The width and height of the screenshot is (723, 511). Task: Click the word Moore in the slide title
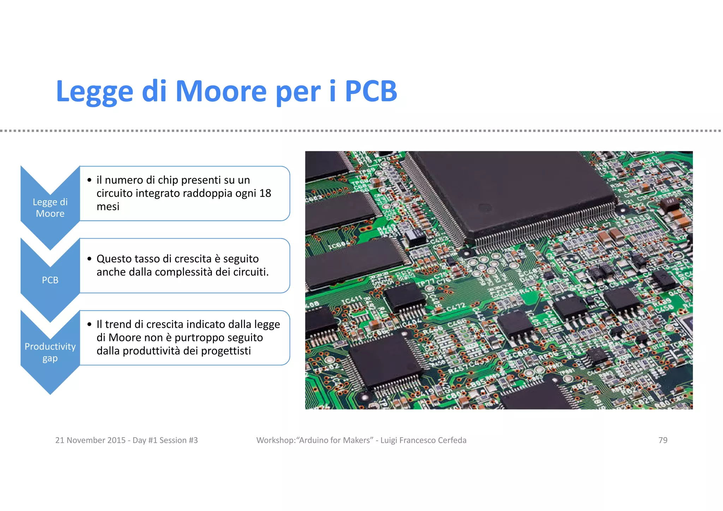click(221, 91)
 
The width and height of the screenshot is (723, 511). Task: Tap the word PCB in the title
click(371, 91)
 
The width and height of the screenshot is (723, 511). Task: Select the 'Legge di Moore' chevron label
click(50, 208)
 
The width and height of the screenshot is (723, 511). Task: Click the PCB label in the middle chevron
click(50, 280)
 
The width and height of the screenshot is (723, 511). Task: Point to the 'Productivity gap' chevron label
click(50, 352)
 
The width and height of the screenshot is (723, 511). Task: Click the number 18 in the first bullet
click(265, 193)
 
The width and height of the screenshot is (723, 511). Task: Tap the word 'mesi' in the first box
click(108, 207)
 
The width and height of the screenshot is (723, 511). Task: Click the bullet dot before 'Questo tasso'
click(89, 259)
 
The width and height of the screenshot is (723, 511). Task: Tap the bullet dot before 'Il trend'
click(89, 324)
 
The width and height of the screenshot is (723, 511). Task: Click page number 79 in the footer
click(663, 440)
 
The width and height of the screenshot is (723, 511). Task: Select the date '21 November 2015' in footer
click(90, 440)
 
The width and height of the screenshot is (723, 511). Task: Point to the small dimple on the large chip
click(484, 208)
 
